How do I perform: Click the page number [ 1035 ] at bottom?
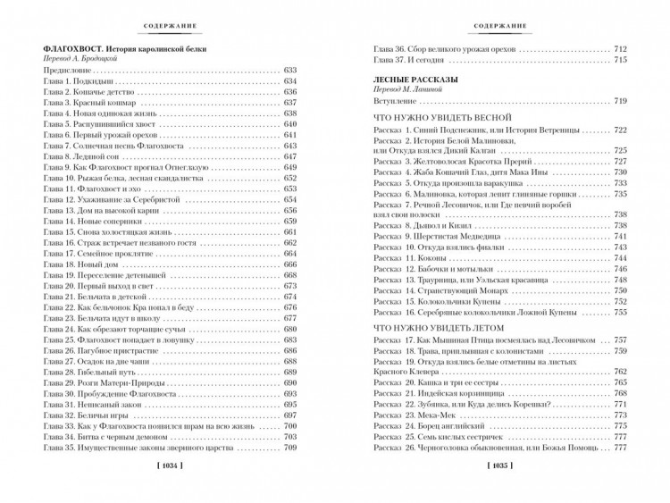click(499, 490)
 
